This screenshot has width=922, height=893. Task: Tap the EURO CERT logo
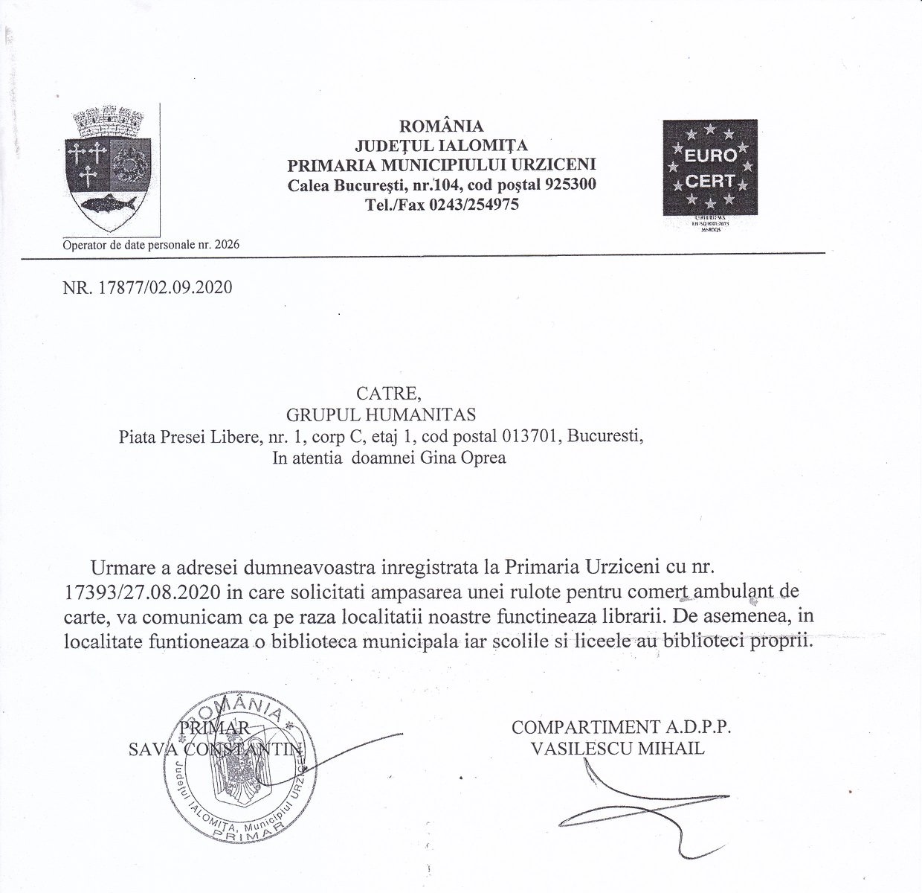point(709,167)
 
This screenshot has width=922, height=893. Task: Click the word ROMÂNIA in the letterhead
point(442,125)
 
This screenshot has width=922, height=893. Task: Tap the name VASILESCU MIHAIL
point(617,749)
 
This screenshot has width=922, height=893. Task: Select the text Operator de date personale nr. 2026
point(152,245)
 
